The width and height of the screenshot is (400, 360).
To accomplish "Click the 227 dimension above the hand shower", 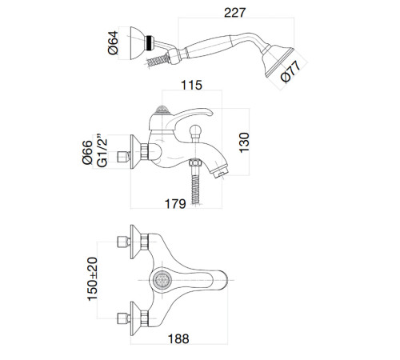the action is [234, 13].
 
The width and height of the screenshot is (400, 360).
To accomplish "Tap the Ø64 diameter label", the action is [113, 42].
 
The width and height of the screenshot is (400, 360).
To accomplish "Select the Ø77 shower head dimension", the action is [290, 71].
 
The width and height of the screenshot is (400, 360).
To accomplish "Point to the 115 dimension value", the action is [191, 86].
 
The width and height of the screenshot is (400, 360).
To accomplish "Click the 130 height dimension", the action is [244, 142].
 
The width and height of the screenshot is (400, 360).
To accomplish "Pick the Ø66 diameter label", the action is [87, 152].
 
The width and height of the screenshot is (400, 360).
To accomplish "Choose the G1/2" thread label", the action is [102, 150].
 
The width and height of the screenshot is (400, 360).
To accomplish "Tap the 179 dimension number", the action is [175, 204].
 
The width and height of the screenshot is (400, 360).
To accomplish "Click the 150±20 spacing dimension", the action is [93, 279].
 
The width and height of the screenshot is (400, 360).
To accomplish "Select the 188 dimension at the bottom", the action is [178, 339].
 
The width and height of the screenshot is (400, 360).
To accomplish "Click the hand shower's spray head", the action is [278, 62].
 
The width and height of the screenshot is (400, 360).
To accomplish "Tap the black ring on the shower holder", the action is [150, 42].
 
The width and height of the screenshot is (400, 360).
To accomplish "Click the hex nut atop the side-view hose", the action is [195, 162].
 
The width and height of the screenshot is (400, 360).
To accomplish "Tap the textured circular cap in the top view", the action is [162, 280].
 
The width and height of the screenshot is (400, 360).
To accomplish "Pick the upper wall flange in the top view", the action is [135, 242].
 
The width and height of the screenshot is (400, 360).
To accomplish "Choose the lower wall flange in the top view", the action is [135, 318].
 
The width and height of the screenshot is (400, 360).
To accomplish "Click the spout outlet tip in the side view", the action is [221, 172].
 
